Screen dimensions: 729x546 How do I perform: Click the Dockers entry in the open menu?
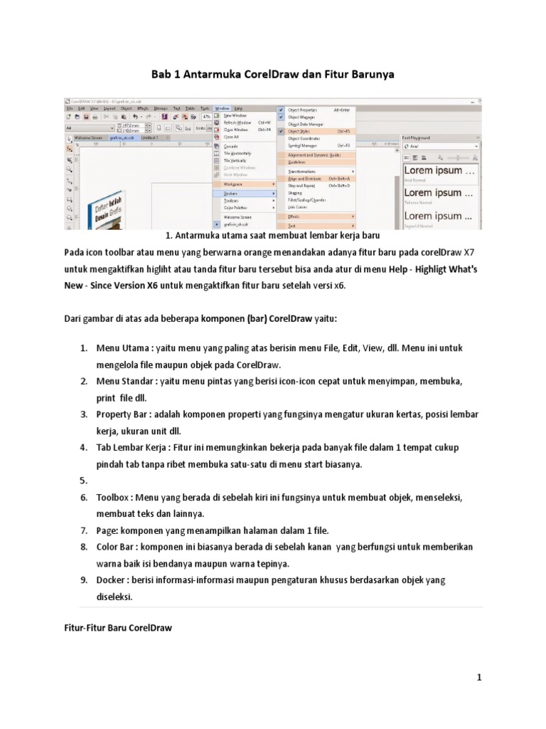(x=231, y=193)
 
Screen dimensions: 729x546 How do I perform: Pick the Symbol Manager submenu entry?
(x=303, y=145)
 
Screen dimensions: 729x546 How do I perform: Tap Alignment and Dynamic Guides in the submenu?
(x=314, y=154)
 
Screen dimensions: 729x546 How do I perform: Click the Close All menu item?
(x=230, y=137)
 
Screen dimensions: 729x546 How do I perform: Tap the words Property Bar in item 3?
(x=124, y=414)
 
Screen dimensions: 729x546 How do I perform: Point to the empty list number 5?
(x=82, y=481)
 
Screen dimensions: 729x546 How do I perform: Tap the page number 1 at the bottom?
(x=479, y=678)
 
